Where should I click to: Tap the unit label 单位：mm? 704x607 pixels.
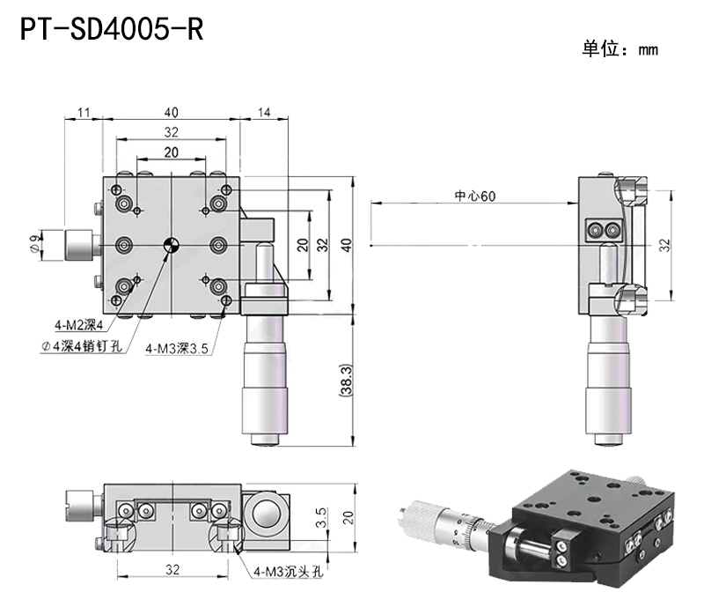click(x=619, y=50)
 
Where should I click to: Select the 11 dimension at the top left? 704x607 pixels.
click(x=84, y=112)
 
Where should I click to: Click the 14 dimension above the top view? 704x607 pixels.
click(x=261, y=112)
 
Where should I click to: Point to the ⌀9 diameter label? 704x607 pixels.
click(x=34, y=241)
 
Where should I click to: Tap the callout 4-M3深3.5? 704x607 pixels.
click(x=177, y=348)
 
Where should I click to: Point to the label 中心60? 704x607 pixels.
click(x=474, y=196)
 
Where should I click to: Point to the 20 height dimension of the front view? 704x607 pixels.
click(x=348, y=517)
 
